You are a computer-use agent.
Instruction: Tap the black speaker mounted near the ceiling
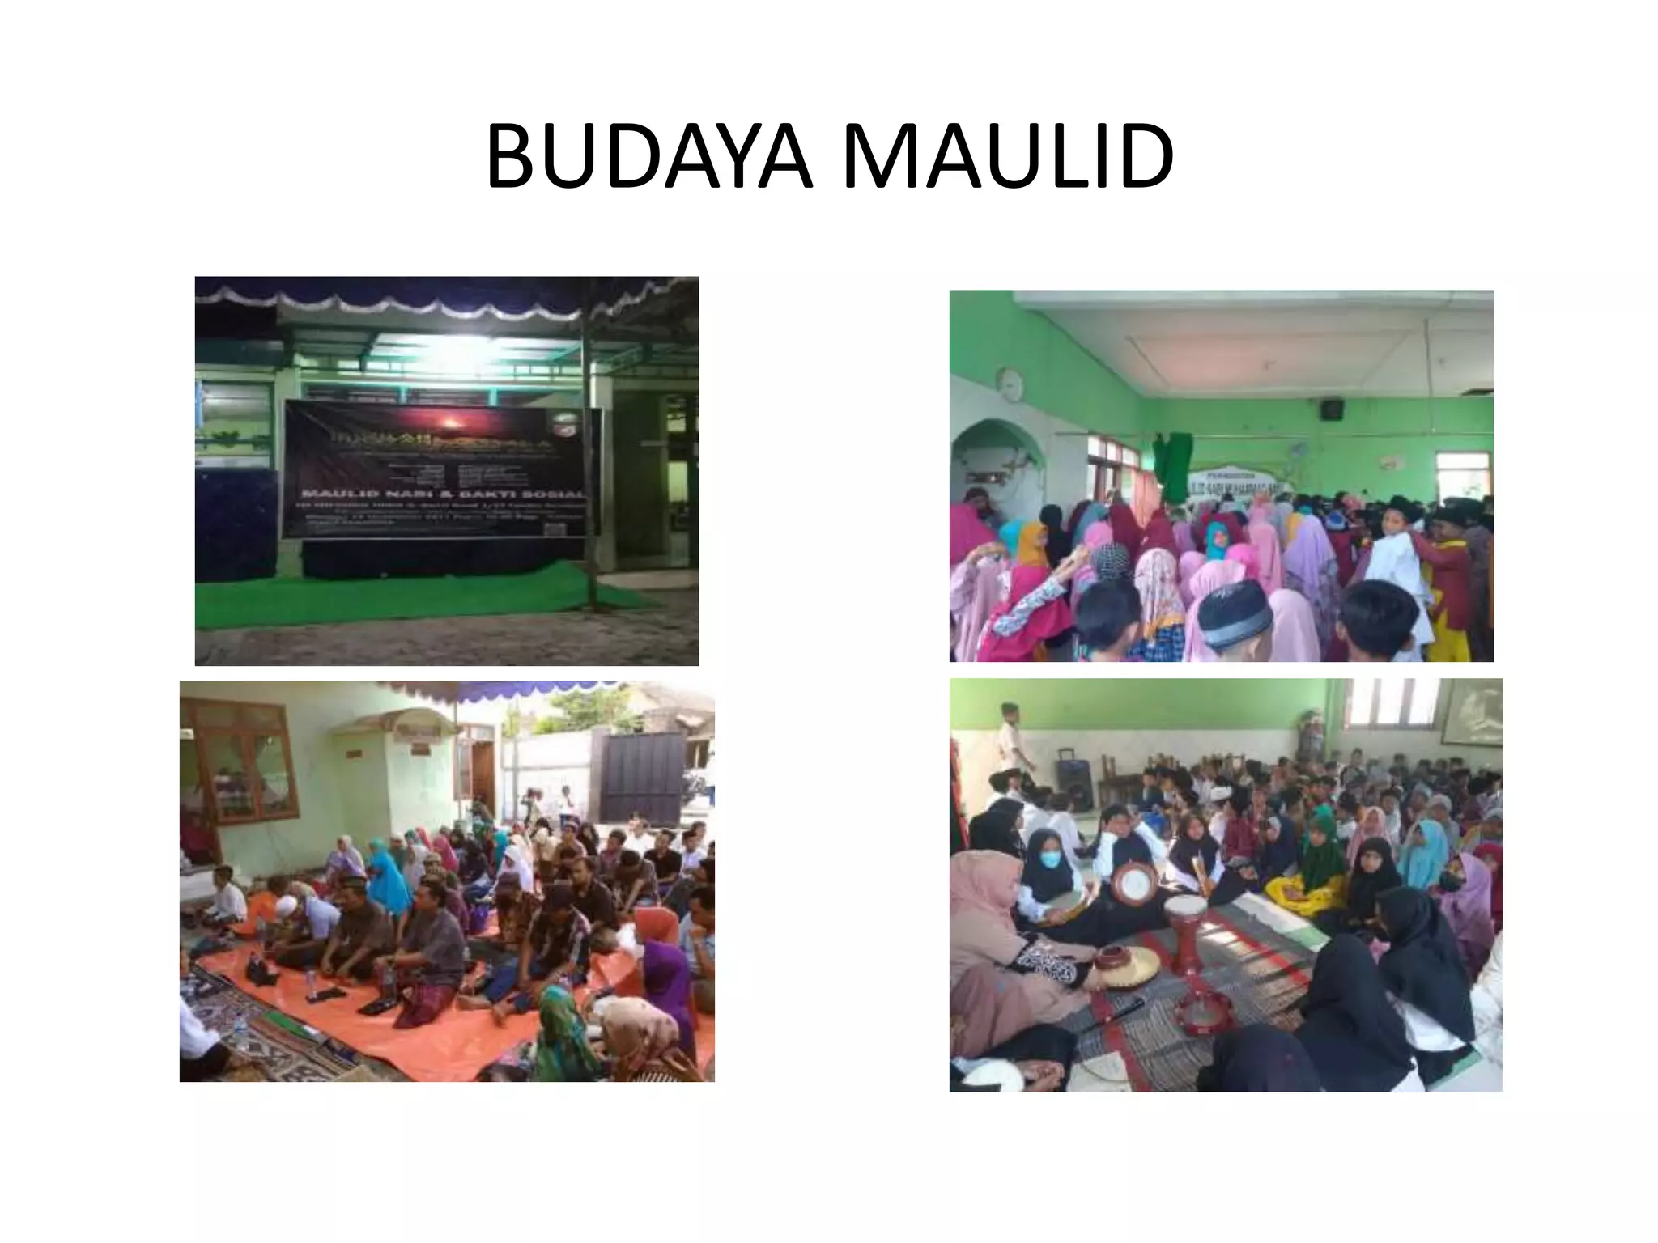[x=1333, y=409]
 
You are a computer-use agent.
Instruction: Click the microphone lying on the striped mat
[x=1116, y=1016]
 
